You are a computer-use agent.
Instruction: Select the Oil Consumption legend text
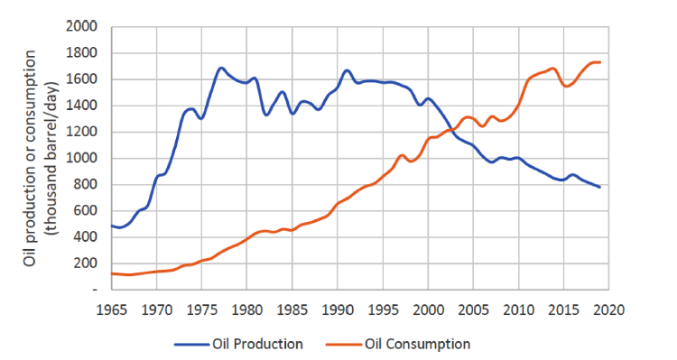[x=419, y=344]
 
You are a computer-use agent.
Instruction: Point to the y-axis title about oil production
[x=38, y=158]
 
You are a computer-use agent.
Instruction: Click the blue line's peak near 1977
[x=221, y=68]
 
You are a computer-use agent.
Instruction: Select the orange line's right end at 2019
[x=599, y=62]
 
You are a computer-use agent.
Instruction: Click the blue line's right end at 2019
[x=599, y=187]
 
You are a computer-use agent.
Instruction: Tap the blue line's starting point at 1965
[x=112, y=226]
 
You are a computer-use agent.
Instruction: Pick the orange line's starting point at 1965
[x=112, y=273]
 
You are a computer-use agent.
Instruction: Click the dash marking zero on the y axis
[x=93, y=291]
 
